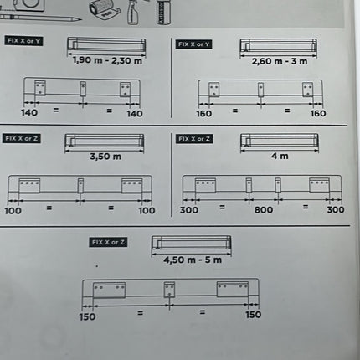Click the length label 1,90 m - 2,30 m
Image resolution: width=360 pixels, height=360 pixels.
click(x=107, y=60)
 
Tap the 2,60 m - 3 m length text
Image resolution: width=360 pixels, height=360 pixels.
click(x=280, y=61)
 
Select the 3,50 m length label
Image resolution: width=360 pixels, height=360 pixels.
click(x=105, y=157)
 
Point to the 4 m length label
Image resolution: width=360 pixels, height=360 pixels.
click(x=280, y=156)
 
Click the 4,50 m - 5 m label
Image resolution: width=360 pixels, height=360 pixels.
click(x=193, y=260)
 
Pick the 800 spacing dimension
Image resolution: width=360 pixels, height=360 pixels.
click(x=264, y=209)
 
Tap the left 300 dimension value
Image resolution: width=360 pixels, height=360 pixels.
click(x=189, y=210)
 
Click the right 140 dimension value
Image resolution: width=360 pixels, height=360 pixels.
click(x=135, y=114)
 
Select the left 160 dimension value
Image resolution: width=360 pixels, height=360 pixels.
click(x=203, y=114)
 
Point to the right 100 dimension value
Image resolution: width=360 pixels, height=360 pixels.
click(x=147, y=210)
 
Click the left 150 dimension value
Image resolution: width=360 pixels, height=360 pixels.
click(x=87, y=316)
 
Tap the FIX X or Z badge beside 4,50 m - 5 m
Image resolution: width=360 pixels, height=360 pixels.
click(x=108, y=242)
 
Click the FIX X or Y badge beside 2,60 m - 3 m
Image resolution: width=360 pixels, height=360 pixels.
click(x=194, y=44)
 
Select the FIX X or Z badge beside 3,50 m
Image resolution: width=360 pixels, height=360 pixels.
click(x=22, y=138)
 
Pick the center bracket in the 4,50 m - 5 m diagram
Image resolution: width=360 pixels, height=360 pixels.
click(x=169, y=290)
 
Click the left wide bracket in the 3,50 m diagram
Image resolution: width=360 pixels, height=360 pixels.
click(x=29, y=186)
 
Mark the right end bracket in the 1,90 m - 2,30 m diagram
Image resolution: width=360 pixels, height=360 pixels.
click(x=125, y=90)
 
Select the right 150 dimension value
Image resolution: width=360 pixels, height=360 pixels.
click(x=253, y=315)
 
